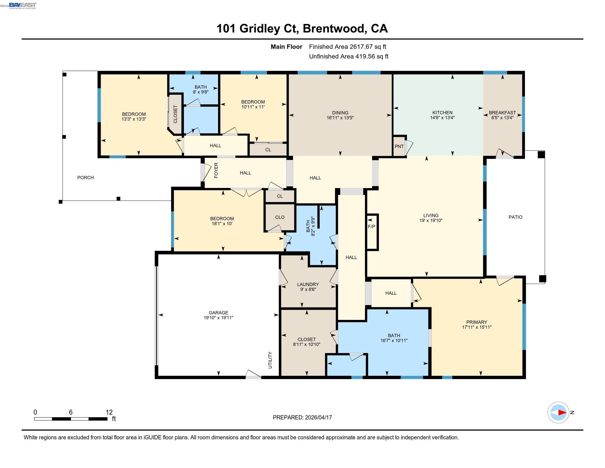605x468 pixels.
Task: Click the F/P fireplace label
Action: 372,227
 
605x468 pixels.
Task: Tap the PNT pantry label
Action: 399,146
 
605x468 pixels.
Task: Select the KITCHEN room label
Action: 442,113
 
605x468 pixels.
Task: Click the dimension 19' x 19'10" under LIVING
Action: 431,221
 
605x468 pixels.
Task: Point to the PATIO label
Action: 515,217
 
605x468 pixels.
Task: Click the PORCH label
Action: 85,178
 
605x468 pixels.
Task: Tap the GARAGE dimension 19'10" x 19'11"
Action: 218,318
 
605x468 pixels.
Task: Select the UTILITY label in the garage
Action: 270,360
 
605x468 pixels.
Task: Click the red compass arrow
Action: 562,413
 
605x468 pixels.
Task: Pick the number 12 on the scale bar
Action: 109,412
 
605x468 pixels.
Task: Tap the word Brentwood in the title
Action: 334,29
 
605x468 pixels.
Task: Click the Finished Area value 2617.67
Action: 360,47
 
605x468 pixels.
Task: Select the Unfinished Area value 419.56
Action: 364,56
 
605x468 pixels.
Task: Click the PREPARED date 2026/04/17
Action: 318,417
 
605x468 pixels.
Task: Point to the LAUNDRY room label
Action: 308,284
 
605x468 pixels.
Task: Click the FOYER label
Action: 216,170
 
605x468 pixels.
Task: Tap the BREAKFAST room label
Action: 502,113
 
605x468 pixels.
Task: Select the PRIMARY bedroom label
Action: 477,322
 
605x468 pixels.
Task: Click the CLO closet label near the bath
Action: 280,217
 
